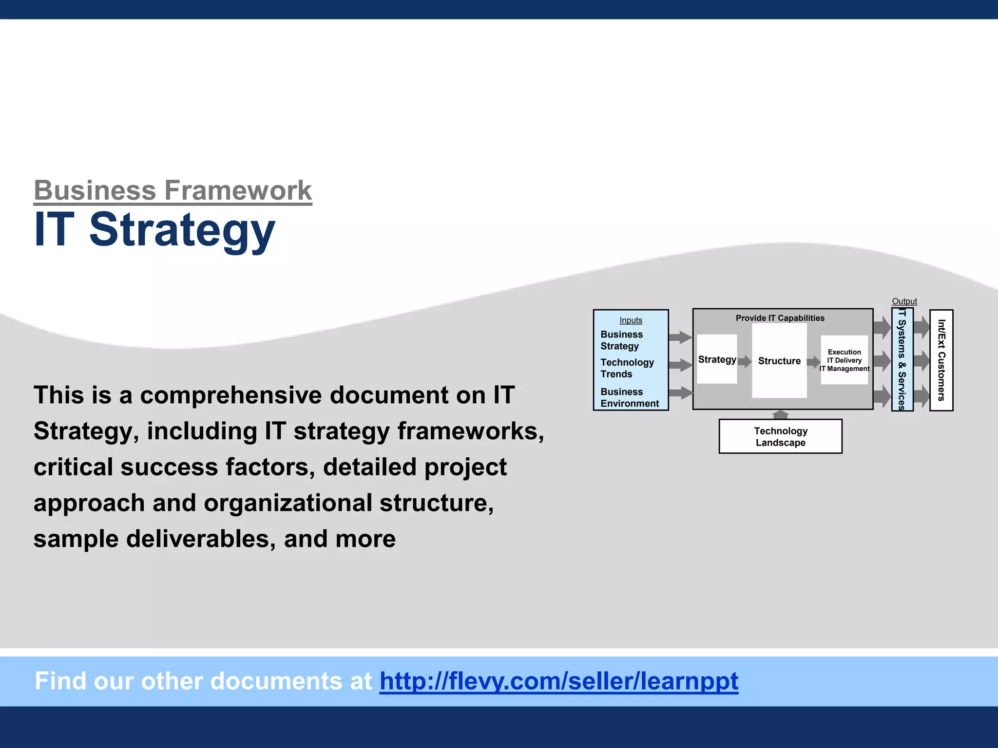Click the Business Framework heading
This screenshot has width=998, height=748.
point(173,190)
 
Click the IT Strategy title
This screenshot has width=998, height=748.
point(154,230)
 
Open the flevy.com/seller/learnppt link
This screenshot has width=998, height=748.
point(558,681)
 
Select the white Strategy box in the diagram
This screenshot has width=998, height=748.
point(717,359)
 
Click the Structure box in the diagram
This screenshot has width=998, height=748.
point(779,361)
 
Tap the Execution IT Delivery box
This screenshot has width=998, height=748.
point(844,360)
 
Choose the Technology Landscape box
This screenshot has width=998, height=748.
point(780,437)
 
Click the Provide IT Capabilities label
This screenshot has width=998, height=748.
point(780,318)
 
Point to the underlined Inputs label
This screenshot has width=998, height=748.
point(631,320)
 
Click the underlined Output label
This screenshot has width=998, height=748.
point(904,301)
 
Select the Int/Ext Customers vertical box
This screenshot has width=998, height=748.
point(941,360)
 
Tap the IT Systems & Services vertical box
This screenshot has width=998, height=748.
point(902,360)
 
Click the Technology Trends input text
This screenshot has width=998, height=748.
point(627,368)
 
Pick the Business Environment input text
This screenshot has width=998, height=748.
point(629,397)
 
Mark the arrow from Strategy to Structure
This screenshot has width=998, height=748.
point(745,361)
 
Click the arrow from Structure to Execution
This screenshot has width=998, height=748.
point(813,362)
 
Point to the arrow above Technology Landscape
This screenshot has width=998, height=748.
point(781,414)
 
